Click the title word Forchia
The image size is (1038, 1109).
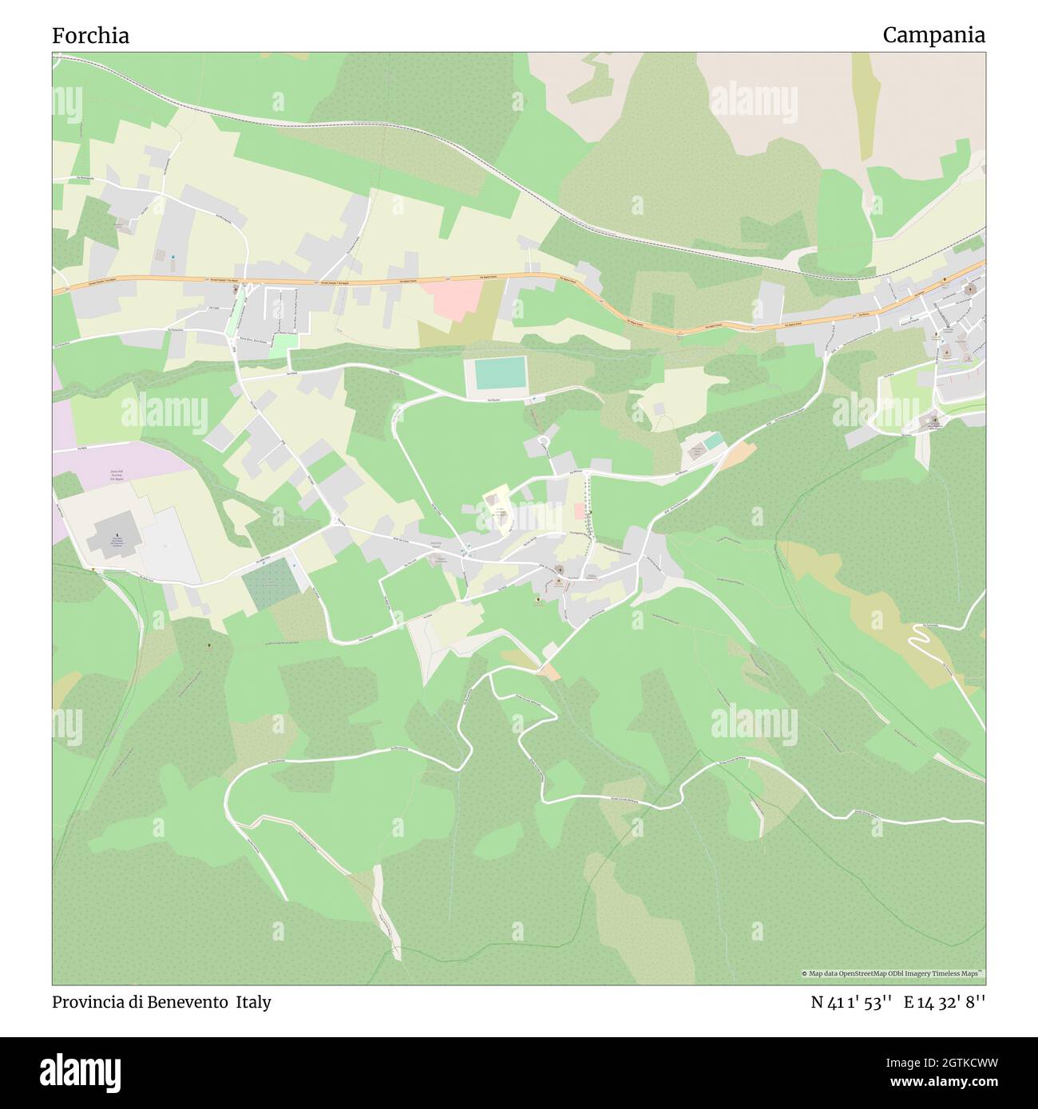[x=90, y=36]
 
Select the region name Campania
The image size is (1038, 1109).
[x=933, y=35]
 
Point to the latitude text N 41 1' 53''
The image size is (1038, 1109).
[x=851, y=1002]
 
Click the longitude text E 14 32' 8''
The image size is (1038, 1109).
[x=945, y=1002]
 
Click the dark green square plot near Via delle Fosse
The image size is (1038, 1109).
[x=271, y=585]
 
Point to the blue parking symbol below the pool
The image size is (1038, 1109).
[x=534, y=399]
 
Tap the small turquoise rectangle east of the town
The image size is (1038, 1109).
[x=714, y=440]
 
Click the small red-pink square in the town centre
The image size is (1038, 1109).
[x=578, y=511]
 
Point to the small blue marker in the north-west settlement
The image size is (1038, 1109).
[x=172, y=256]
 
